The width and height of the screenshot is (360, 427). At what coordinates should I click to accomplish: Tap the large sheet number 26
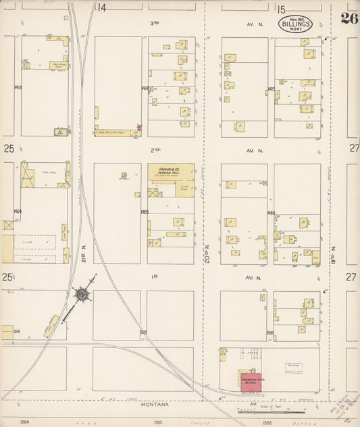[x=349, y=18]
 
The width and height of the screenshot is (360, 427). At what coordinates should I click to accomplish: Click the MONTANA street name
[x=156, y=404]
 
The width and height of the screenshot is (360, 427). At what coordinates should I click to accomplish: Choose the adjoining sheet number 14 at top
[x=101, y=8]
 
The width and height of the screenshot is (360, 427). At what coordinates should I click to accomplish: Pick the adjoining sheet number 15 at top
[x=281, y=8]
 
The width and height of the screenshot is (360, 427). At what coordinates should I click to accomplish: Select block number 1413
[x=16, y=88]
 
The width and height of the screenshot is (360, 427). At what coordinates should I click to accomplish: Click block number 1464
[x=16, y=211]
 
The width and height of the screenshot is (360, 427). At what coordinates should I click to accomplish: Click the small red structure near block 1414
[x=139, y=127]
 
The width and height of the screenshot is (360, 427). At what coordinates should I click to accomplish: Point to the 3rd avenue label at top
[x=155, y=23]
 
